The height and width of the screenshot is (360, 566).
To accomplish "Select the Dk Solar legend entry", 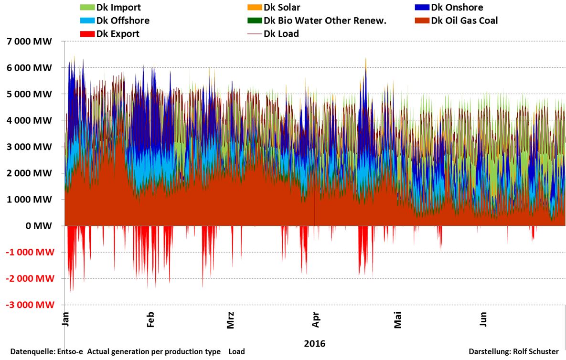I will coord(282,8).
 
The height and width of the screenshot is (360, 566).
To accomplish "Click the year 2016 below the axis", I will coord(314,343).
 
